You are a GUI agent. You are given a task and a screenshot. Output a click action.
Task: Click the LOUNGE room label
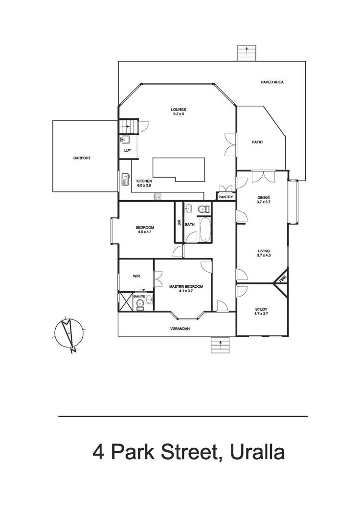pyautogui.click(x=179, y=110)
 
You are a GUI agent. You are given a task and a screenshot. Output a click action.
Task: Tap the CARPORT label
pyautogui.click(x=82, y=158)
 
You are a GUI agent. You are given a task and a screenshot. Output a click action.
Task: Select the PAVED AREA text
pyautogui.click(x=272, y=82)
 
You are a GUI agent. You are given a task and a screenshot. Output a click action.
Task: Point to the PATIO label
pyautogui.click(x=257, y=142)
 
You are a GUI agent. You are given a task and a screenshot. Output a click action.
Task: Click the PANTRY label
pyautogui.click(x=225, y=197)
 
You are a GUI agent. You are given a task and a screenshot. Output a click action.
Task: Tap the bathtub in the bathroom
pyautogui.click(x=205, y=229)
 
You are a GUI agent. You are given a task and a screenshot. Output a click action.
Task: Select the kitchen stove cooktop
pyautogui.click(x=157, y=196)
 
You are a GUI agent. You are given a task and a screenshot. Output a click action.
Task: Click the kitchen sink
pyautogui.click(x=125, y=179)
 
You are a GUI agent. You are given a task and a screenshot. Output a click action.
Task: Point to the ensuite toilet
pyautogui.click(x=140, y=305)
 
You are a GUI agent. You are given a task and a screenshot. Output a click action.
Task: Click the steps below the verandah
pyautogui.click(x=220, y=345)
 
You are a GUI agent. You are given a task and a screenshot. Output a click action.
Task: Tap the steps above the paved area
pyautogui.click(x=247, y=53)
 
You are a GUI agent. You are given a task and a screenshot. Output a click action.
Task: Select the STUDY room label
pyautogui.click(x=261, y=309)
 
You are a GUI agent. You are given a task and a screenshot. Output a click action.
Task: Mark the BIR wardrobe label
pyautogui.click(x=179, y=223)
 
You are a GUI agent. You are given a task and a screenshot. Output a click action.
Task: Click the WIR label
pyautogui.click(x=136, y=276)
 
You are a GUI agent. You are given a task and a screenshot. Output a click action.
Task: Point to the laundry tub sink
pyautogui.click(x=125, y=140)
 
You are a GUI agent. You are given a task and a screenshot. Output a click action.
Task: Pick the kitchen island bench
pyautogui.click(x=179, y=170)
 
